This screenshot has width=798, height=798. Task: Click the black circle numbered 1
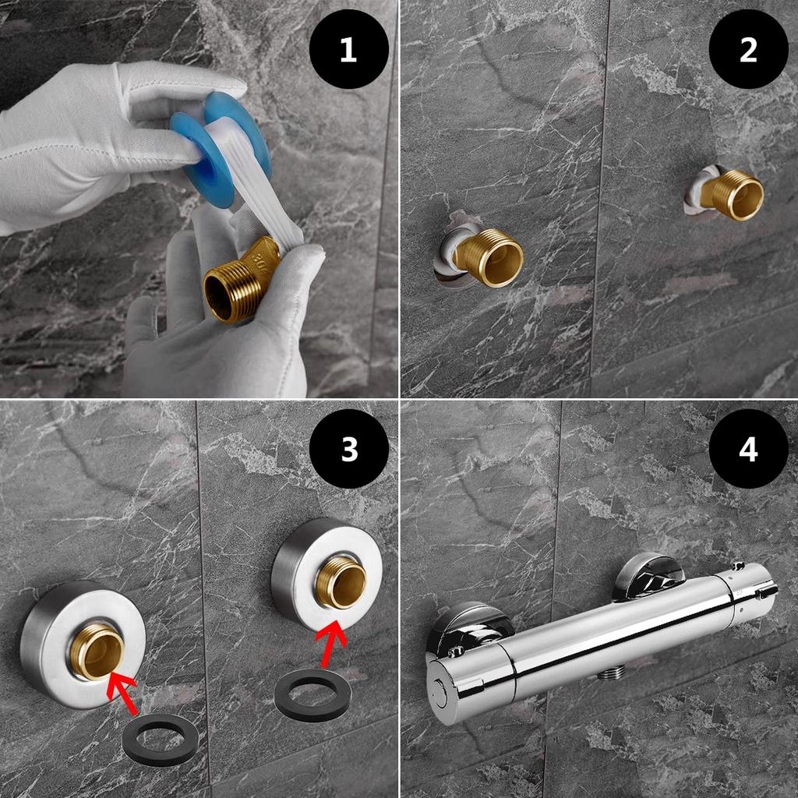click(348, 49)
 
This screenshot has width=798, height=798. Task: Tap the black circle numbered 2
click(748, 49)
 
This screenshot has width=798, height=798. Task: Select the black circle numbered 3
click(348, 449)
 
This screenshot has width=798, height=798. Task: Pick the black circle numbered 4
click(748, 449)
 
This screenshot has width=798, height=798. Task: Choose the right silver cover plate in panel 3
click(327, 575)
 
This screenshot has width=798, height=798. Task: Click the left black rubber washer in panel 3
click(160, 739)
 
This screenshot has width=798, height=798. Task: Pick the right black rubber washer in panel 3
click(312, 695)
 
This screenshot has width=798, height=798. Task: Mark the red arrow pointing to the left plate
click(122, 692)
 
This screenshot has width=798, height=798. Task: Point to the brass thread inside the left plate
click(97, 651)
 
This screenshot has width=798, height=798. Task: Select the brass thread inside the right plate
click(341, 581)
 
